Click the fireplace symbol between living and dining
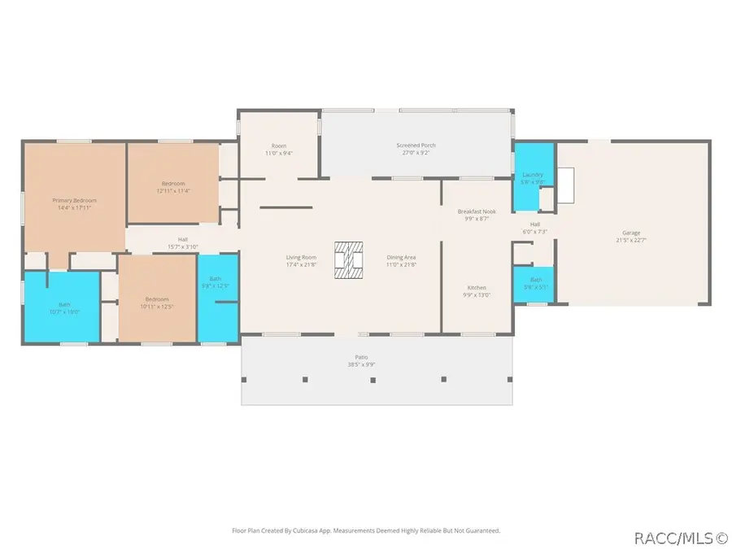coord(348,261)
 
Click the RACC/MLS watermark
coord(680,538)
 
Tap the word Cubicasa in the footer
coord(321,530)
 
